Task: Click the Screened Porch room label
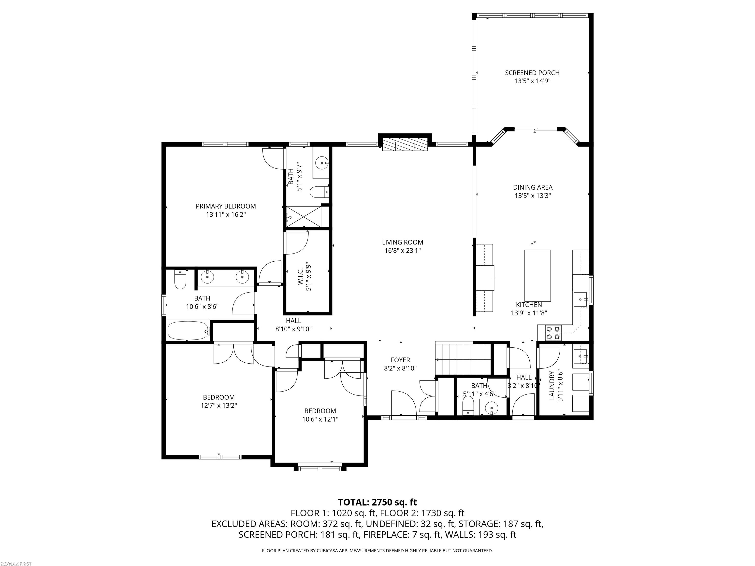pos(532,73)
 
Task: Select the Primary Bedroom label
pos(226,206)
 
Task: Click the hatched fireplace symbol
pos(405,144)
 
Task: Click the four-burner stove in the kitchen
pos(553,333)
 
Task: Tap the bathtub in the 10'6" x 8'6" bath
pos(189,330)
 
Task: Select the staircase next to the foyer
pos(463,359)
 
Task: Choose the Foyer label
pos(400,360)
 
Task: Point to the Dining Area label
pos(533,187)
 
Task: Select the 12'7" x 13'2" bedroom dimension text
pos(219,406)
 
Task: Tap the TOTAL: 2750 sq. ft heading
pos(377,502)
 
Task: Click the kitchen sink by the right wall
pos(580,299)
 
